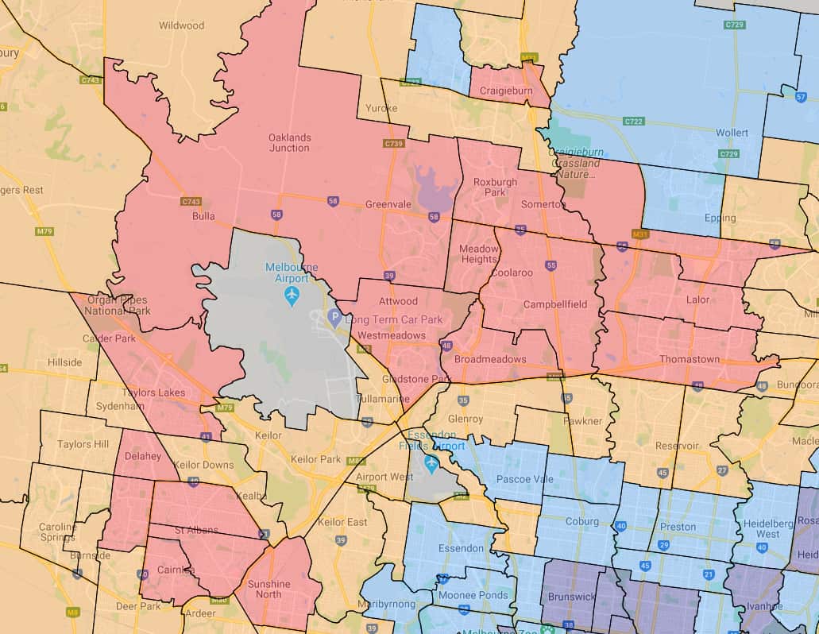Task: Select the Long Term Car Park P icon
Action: click(334, 319)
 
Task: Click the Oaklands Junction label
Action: click(289, 142)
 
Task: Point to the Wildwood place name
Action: click(181, 25)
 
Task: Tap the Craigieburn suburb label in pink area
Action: click(507, 92)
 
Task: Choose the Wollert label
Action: click(732, 132)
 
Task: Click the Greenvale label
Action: click(388, 204)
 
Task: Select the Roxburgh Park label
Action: click(495, 187)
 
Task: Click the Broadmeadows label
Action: click(489, 359)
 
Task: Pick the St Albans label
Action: click(196, 530)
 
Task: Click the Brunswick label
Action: click(572, 596)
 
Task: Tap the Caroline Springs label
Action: click(58, 532)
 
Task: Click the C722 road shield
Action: click(633, 122)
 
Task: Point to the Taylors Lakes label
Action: click(153, 392)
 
